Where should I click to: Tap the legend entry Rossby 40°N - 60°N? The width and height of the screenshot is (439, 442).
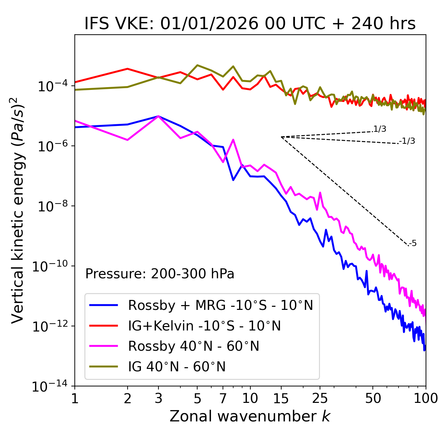193,346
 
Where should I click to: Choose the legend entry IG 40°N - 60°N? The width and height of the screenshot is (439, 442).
177,367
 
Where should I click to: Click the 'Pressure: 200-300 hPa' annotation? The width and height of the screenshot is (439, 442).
160,274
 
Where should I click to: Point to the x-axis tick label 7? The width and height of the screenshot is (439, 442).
223,398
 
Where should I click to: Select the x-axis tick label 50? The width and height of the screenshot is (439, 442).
373,398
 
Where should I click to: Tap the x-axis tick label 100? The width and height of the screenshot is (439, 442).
425,398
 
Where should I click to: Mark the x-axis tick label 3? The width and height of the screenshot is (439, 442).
158,398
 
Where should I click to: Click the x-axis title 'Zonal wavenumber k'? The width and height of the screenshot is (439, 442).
250,416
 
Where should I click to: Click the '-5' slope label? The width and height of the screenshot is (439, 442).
413,243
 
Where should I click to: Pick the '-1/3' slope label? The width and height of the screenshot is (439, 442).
407,141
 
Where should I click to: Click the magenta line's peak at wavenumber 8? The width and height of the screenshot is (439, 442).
233,140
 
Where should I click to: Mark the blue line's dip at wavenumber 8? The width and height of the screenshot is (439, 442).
233,180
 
